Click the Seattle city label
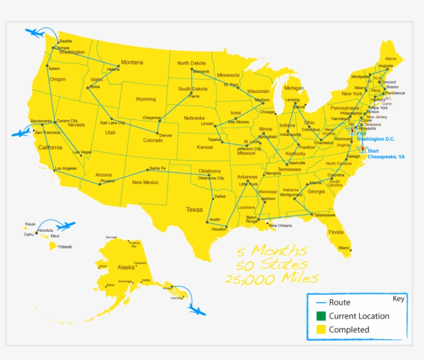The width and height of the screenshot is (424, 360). point(66,41)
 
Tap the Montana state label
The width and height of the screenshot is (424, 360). point(132,63)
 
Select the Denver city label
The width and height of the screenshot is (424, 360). point(165,136)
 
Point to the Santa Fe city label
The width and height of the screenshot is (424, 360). point(157,169)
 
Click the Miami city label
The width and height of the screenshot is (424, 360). point(344,248)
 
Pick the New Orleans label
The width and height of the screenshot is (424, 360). point(280,226)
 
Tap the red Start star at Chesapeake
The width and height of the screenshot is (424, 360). point(362,148)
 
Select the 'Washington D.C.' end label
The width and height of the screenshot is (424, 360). point(377,139)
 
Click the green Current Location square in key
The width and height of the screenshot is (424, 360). point(321,316)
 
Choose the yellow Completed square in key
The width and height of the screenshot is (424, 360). point(321,329)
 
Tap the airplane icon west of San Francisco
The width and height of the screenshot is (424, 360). point(21,133)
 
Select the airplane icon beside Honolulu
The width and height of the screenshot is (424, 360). point(66,226)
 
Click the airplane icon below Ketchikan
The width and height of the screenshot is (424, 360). point(196,310)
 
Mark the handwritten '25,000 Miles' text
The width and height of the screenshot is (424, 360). point(271,278)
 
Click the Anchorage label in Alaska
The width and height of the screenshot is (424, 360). point(125,281)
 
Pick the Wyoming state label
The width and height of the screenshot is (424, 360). point(145,99)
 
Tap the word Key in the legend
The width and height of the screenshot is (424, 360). point(399,299)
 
